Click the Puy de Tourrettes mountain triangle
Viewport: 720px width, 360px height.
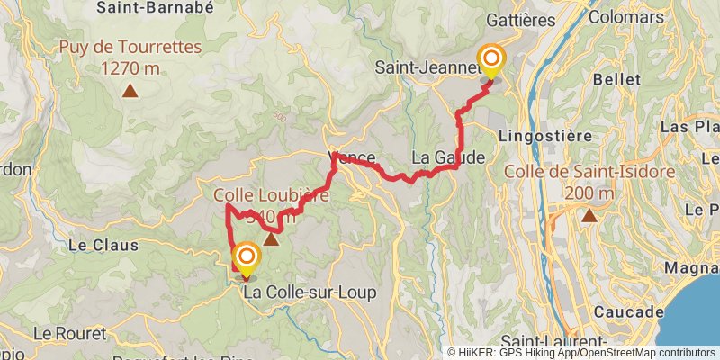point(130,90)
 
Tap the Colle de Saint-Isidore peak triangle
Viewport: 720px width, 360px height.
point(589,215)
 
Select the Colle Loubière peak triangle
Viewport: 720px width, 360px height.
point(270,239)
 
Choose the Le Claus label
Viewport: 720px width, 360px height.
point(103,244)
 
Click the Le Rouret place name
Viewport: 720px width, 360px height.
point(69,333)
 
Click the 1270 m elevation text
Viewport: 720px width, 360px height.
point(130,68)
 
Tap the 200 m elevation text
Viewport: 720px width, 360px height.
point(590,192)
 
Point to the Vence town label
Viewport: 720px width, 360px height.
point(351,157)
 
